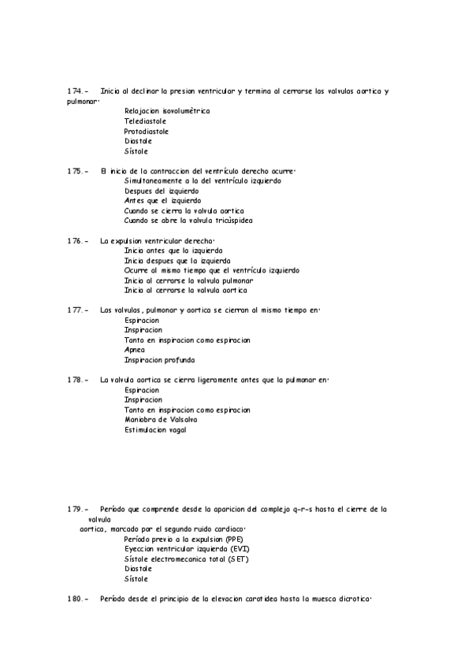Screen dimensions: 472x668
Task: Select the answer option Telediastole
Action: tap(145, 121)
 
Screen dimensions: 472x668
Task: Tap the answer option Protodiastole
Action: tap(146, 132)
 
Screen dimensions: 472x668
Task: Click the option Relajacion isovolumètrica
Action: tap(167, 111)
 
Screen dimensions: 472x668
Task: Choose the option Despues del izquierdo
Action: tap(162, 191)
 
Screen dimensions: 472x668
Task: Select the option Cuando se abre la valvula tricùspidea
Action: tap(188, 221)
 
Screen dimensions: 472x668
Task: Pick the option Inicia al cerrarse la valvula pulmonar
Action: tap(188, 280)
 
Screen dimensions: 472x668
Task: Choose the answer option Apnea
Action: tap(135, 350)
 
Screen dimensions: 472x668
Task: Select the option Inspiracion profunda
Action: tap(159, 360)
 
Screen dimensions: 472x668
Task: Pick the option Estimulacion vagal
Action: tap(155, 430)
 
